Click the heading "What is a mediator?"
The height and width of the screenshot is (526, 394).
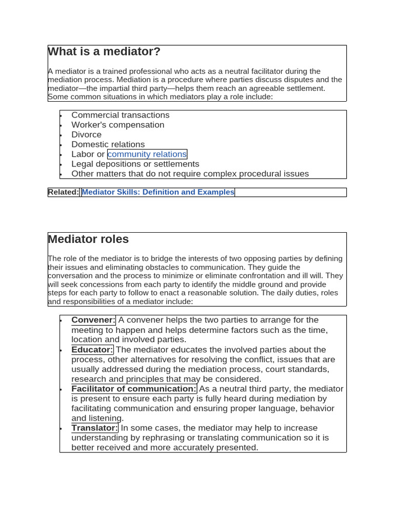coord(104,52)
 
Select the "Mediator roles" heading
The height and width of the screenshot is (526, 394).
coord(88,239)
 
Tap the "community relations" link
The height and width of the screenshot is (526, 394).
coord(147,154)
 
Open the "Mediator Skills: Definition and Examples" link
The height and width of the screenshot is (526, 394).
coord(158,192)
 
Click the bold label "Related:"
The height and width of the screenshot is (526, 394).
coord(64,192)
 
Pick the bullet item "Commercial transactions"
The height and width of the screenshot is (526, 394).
coord(120,115)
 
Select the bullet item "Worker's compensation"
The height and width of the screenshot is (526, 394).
coord(117,125)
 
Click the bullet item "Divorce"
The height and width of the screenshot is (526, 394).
coord(86,135)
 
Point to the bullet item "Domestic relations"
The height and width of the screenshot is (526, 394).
coord(108,144)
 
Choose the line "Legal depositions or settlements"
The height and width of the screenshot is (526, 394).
coord(135,164)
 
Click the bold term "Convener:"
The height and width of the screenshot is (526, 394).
coord(93,320)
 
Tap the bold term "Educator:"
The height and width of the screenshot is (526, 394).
coord(92,350)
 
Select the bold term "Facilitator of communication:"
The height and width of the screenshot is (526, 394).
coord(134,389)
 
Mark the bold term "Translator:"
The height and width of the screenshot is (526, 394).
coord(94,428)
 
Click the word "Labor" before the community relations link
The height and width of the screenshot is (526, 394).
coord(83,154)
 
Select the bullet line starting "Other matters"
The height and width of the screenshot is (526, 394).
coord(190,174)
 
